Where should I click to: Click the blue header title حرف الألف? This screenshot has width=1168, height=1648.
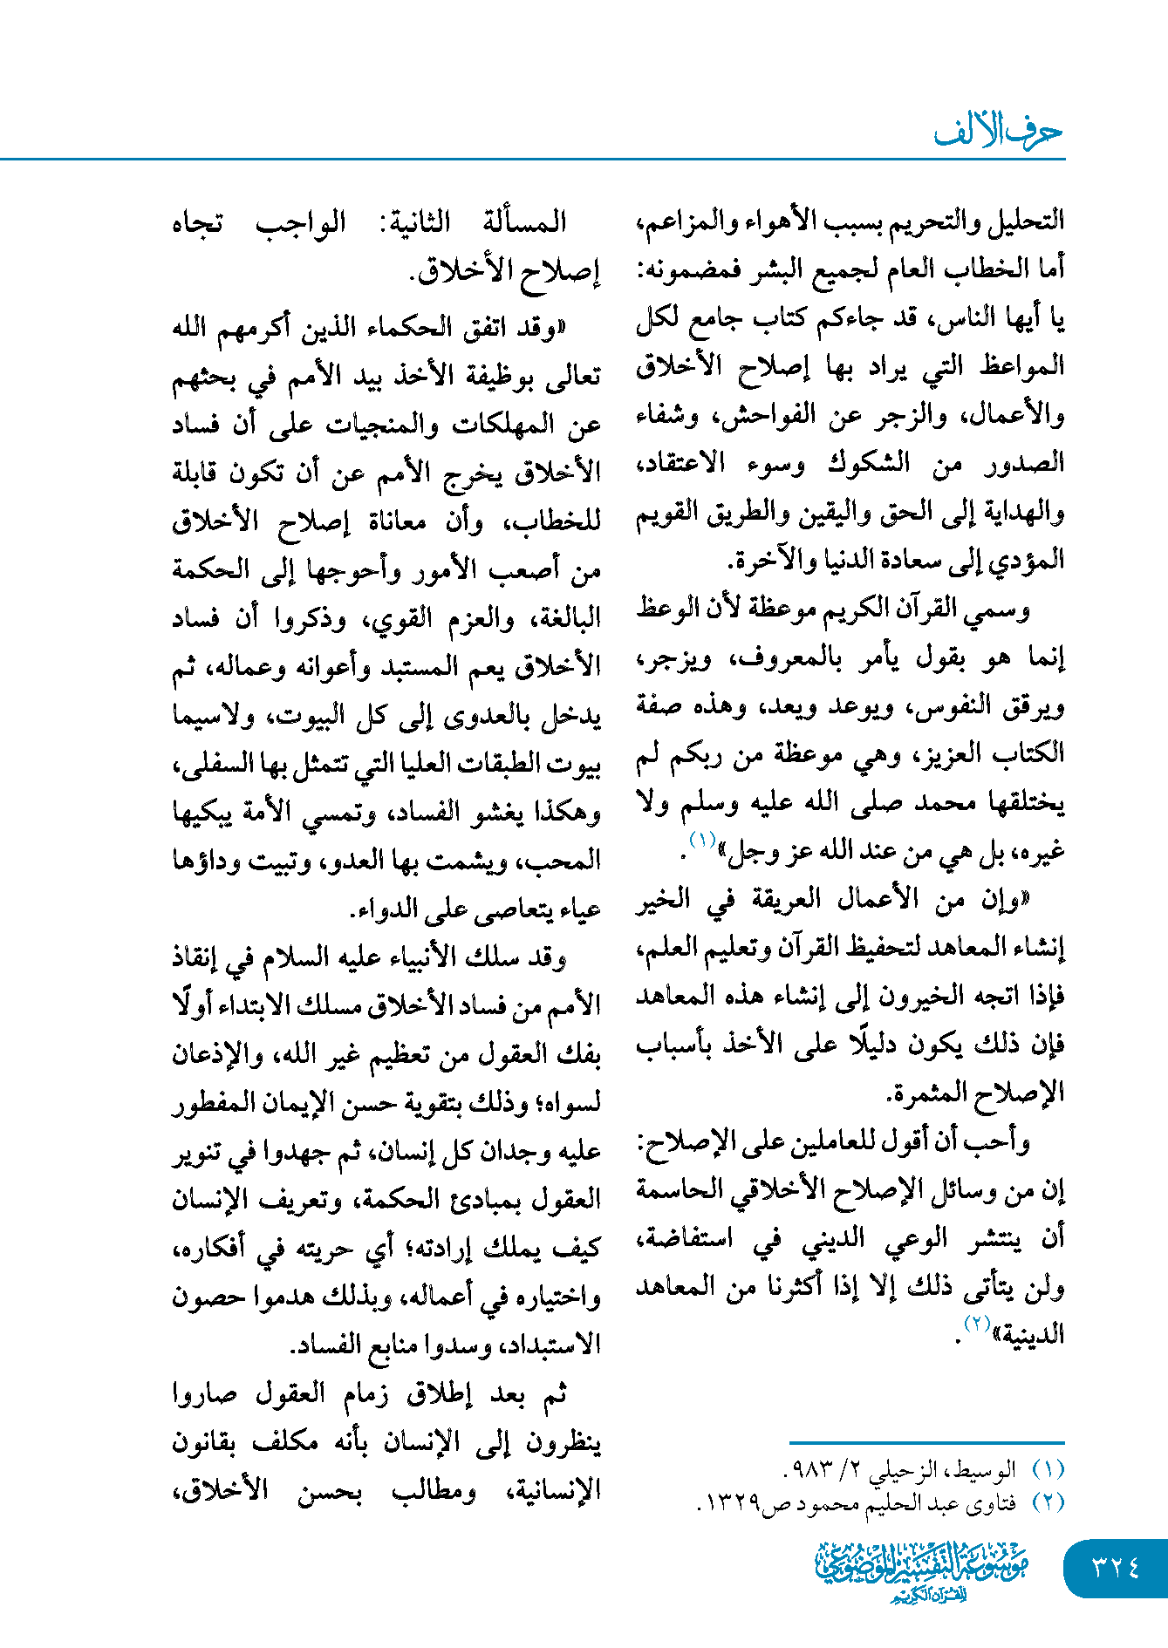tap(998, 133)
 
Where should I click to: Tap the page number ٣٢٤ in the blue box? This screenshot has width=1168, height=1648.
tap(1116, 1568)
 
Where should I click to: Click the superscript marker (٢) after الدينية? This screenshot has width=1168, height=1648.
tap(975, 1324)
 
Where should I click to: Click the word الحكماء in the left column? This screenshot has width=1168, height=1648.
tap(432, 329)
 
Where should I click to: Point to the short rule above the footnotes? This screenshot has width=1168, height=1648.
tap(926, 1443)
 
